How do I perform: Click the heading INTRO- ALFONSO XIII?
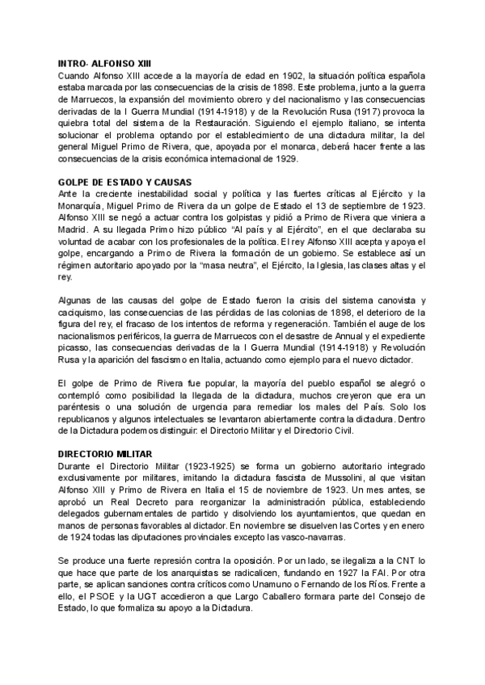point(105,62)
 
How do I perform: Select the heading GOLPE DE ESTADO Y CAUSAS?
point(126,183)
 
